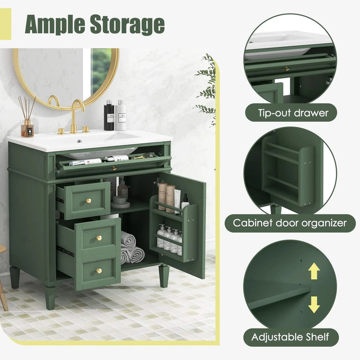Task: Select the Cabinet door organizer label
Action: click(x=294, y=224)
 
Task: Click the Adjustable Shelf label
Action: click(x=291, y=337)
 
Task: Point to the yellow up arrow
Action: click(x=314, y=271)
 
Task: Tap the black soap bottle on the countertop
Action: click(x=109, y=116)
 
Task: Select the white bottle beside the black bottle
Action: click(x=121, y=116)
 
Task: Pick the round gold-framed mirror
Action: click(x=66, y=77)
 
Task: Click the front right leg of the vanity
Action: click(x=164, y=276)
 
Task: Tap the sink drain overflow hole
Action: click(x=79, y=140)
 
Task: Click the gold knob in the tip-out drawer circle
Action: click(x=287, y=68)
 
